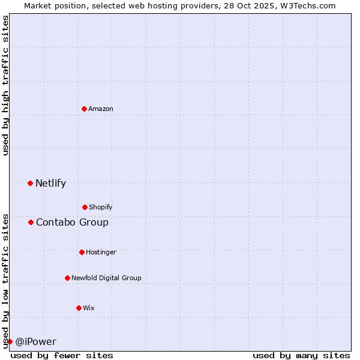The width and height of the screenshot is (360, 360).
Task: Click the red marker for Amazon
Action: click(x=84, y=109)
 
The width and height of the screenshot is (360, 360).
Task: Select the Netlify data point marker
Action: click(x=30, y=183)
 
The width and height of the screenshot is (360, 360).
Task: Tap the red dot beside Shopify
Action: click(x=85, y=207)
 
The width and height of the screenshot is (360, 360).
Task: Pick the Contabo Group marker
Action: click(x=31, y=222)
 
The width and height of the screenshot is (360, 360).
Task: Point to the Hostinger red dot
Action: click(x=82, y=252)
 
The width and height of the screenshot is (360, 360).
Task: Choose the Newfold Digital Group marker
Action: click(x=67, y=278)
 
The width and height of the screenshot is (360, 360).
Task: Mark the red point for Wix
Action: click(x=79, y=308)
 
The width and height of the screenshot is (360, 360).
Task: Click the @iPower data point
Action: click(x=10, y=341)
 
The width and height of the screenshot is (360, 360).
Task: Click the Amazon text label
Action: click(x=101, y=109)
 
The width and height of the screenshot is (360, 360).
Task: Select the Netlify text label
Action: click(x=50, y=184)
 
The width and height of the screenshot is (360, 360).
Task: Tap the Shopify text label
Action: click(x=100, y=207)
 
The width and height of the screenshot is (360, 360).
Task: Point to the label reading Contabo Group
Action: click(x=72, y=223)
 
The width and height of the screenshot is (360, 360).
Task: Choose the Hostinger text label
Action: click(x=101, y=252)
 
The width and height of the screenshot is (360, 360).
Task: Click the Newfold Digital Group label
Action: click(x=106, y=278)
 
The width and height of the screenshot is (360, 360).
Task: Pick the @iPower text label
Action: click(x=35, y=342)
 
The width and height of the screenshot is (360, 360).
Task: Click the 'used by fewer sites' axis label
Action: click(x=62, y=355)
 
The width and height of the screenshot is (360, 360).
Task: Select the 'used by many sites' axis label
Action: click(x=301, y=355)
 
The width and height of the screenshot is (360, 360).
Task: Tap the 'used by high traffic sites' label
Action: click(x=5, y=85)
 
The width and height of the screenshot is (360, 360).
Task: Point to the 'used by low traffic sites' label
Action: click(x=5, y=281)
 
